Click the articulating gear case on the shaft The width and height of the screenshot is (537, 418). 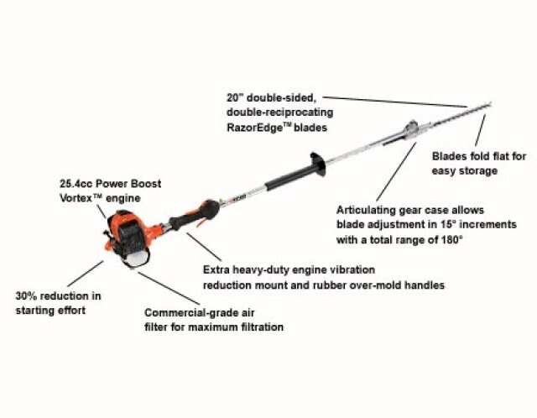click(410, 130)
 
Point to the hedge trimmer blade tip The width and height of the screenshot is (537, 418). click(490, 102)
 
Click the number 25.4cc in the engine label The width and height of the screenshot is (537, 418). click(76, 184)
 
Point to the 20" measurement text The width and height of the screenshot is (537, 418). click(235, 97)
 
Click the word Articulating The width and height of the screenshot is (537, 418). click(366, 210)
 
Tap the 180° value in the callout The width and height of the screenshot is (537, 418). click(451, 239)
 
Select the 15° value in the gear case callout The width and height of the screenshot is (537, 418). click(448, 224)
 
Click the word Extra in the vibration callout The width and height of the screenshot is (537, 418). click(216, 269)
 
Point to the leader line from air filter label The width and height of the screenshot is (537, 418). click(169, 288)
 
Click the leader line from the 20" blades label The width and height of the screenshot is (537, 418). click(395, 102)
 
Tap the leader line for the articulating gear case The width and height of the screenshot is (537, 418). click(396, 172)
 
